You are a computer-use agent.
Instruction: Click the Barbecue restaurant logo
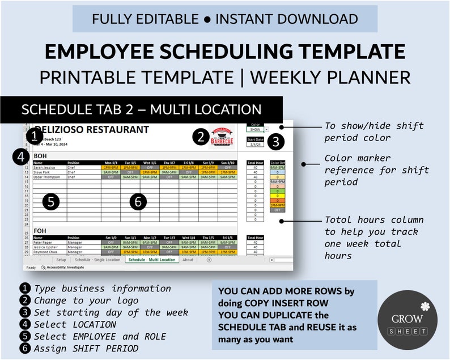(223, 137)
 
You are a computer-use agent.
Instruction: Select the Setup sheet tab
(61, 260)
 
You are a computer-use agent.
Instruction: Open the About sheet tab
(188, 260)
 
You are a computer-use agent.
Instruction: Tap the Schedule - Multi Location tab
(151, 260)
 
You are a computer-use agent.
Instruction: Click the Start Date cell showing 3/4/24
(255, 144)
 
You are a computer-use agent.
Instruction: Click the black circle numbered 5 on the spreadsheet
(52, 202)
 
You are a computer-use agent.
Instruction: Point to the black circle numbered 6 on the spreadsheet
(139, 201)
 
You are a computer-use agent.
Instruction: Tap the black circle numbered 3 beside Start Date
(275, 142)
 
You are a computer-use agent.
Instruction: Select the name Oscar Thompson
(46, 177)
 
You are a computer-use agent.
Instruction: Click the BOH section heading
(40, 155)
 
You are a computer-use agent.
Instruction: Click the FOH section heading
(40, 231)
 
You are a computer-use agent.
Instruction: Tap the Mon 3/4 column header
(111, 162)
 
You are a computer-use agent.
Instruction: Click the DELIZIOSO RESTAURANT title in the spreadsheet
(91, 130)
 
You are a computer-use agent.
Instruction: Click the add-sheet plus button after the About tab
(209, 260)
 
